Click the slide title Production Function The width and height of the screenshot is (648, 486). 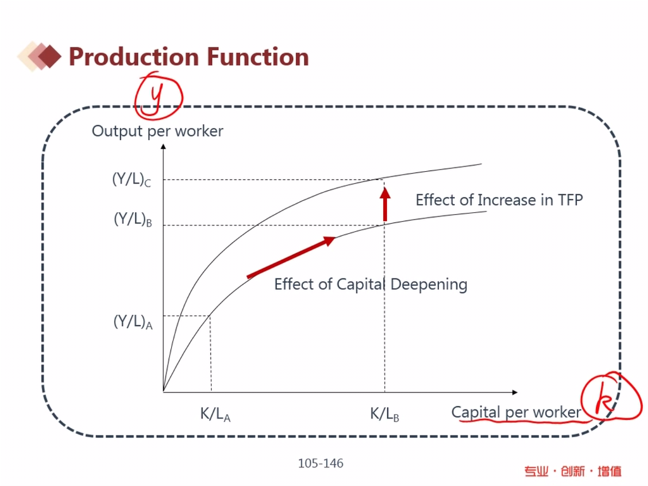pyautogui.click(x=189, y=57)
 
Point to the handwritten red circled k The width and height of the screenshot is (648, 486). pyautogui.click(x=604, y=398)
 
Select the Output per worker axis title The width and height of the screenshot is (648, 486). pyautogui.click(x=158, y=132)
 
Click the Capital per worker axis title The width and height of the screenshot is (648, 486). pyautogui.click(x=516, y=412)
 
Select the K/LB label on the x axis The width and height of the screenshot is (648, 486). pyautogui.click(x=384, y=414)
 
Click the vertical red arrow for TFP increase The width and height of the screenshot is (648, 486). pyautogui.click(x=385, y=204)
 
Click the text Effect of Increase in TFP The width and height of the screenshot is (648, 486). pyautogui.click(x=499, y=200)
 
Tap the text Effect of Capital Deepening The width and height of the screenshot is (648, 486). pyautogui.click(x=370, y=284)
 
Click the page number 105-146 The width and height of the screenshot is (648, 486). pyautogui.click(x=321, y=464)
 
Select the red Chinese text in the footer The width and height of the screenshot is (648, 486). pyautogui.click(x=573, y=471)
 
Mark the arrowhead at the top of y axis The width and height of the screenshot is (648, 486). pyautogui.click(x=163, y=147)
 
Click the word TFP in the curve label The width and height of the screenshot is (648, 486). pyautogui.click(x=570, y=200)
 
